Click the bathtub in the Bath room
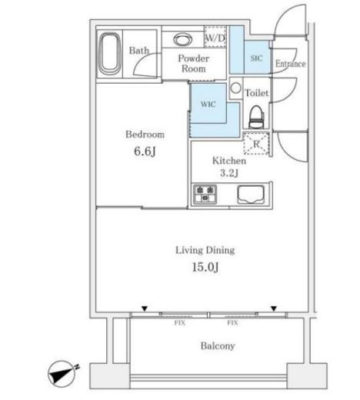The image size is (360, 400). point(110,54)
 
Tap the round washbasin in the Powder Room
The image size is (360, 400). point(182,39)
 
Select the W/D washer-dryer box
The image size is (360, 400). point(215,37)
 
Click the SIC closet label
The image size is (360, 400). point(256,58)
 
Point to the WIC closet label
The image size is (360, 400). point(208,104)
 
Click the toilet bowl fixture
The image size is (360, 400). point(257,117)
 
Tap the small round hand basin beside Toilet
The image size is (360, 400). point(235,88)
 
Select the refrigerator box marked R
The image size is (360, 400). point(256,144)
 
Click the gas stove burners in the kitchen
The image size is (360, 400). point(205,194)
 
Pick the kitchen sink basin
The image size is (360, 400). point(251,194)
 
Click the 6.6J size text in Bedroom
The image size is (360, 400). point(145,151)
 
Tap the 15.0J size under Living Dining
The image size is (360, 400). point(205,267)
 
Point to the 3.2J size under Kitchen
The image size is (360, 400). point(229,173)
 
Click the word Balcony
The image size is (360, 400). point(218,346)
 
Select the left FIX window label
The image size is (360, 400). point(180,323)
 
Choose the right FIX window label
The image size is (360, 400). point(232,323)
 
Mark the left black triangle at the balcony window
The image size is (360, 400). point(145,308)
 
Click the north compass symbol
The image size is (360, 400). point(62,374)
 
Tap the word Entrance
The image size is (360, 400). point(291,64)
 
